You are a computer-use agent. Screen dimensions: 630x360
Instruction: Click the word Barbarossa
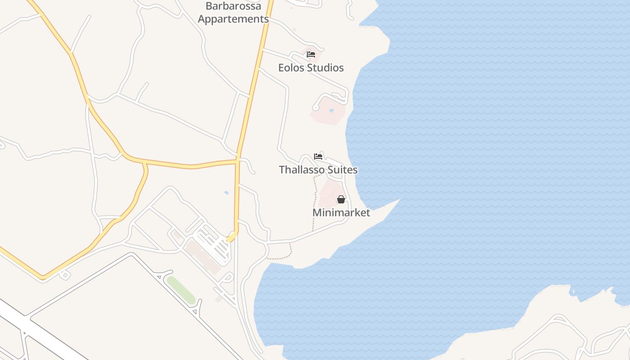233,6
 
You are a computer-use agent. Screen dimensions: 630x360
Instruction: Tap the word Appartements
233,19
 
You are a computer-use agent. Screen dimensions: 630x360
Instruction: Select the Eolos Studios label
311,68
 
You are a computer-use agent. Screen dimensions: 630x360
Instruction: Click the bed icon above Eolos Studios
311,54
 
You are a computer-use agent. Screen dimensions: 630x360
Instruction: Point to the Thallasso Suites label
318,170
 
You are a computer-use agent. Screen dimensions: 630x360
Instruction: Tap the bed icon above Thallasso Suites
318,157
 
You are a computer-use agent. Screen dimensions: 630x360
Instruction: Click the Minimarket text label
341,212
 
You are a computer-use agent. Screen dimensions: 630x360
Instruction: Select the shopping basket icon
341,199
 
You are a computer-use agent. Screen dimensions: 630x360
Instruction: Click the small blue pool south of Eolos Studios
332,110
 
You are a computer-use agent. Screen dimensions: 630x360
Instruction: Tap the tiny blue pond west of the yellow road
226,193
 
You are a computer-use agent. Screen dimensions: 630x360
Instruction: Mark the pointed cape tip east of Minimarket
399,200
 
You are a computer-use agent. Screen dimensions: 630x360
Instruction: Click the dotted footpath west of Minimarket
314,202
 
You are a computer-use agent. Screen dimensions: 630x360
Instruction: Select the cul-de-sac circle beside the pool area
315,108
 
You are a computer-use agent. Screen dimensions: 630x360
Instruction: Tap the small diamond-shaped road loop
65,274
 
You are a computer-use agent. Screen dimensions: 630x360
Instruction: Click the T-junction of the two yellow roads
237,161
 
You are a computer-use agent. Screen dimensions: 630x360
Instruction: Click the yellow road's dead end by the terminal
229,239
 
